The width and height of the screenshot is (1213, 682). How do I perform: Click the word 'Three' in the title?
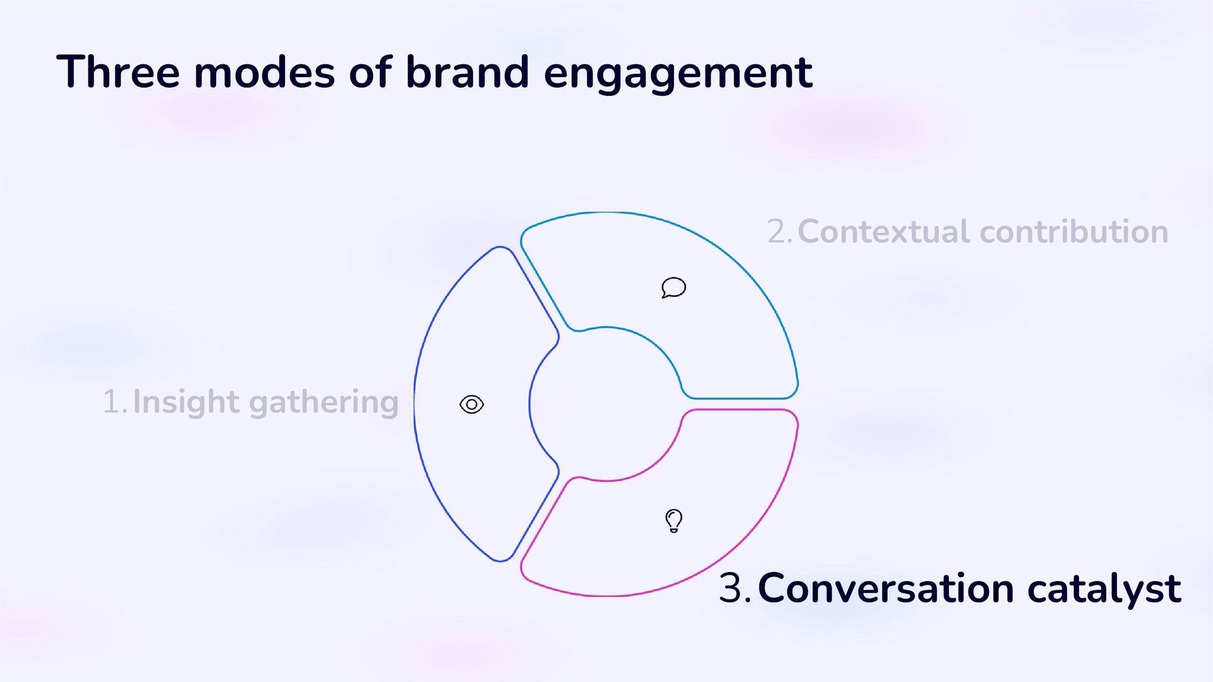118,72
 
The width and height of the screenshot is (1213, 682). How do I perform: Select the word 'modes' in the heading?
264,72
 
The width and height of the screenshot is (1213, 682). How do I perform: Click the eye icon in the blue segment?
471,404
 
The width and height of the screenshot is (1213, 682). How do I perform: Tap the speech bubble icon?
673,287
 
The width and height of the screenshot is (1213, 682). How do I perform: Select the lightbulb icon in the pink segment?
674,521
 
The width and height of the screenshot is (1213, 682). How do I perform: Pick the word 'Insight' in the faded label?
186,402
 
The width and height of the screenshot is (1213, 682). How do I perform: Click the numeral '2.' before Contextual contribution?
780,232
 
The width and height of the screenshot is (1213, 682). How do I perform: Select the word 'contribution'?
1074,232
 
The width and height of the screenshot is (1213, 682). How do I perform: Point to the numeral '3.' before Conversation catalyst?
734,589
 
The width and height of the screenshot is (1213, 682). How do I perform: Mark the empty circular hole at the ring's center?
606,404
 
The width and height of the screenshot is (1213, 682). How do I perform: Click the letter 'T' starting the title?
70,71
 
